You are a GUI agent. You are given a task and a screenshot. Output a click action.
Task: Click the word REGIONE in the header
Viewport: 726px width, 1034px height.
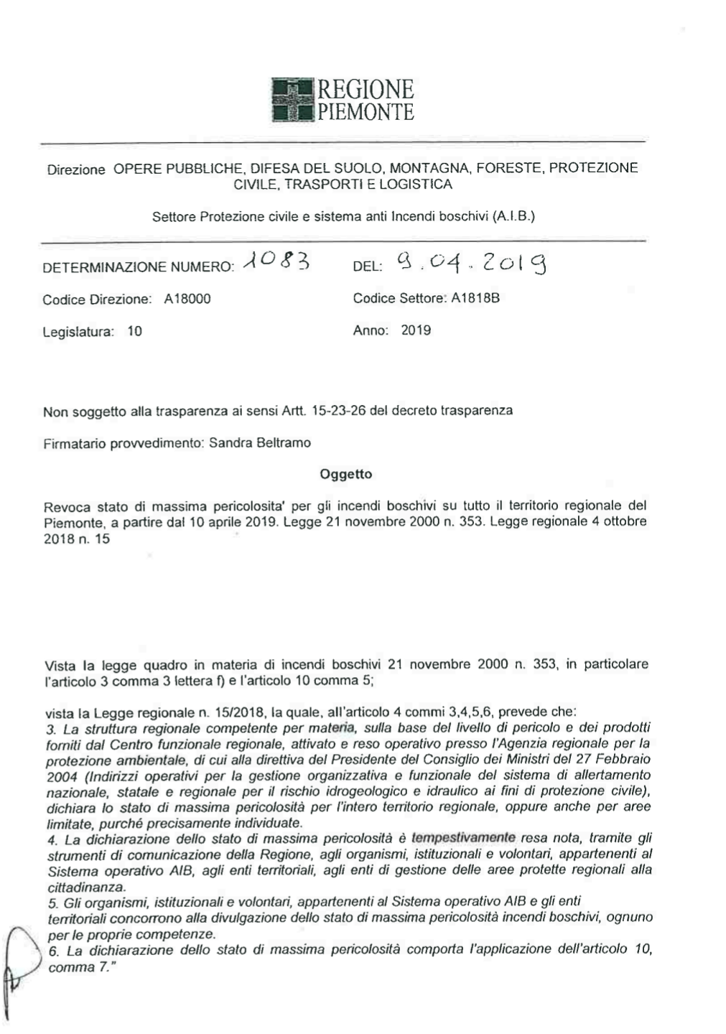point(366,90)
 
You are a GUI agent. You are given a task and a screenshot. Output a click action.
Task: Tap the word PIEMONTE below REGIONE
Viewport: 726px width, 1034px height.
point(366,112)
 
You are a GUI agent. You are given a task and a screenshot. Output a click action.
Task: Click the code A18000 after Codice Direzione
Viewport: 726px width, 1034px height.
point(187,299)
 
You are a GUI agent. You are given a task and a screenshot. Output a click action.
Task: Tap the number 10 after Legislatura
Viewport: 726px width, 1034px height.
point(134,331)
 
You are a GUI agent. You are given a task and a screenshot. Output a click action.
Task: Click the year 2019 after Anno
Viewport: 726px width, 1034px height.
point(416,330)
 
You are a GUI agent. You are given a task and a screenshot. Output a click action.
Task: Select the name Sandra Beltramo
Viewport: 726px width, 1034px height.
point(260,443)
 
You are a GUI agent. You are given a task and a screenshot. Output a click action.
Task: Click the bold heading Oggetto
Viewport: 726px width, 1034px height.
point(345,474)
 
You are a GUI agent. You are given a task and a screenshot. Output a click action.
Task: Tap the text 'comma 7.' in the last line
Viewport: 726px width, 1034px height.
point(81,967)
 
